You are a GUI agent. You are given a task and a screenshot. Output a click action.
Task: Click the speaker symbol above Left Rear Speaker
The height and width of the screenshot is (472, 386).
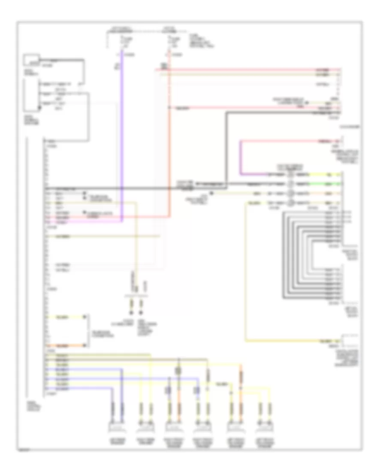[x=117, y=427]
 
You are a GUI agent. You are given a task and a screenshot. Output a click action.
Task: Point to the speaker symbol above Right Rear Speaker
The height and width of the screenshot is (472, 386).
[x=146, y=427]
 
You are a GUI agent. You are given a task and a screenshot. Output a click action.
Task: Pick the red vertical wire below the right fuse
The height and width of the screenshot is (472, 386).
[x=169, y=137]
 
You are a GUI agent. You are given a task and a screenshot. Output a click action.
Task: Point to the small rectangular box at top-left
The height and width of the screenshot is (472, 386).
[x=31, y=60]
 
